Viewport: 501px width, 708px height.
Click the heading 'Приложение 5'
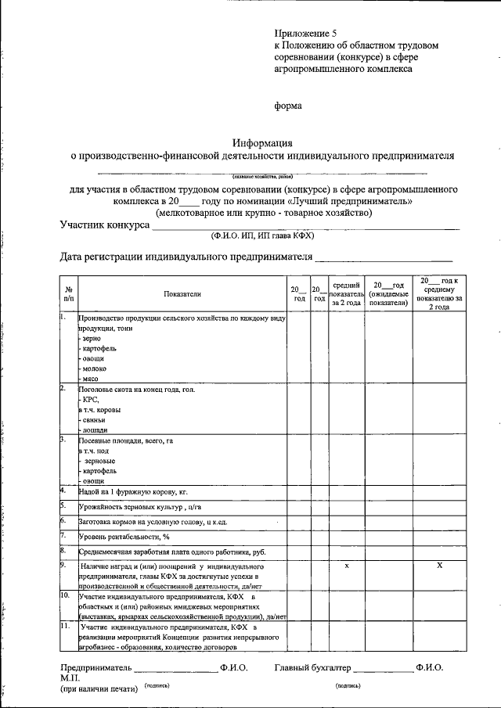(305, 34)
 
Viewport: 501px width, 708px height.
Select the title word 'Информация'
(262, 142)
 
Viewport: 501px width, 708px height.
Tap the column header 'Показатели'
(182, 294)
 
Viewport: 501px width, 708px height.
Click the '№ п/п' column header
(68, 294)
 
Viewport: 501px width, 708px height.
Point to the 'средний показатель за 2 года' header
(346, 294)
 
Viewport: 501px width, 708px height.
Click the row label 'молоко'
(94, 368)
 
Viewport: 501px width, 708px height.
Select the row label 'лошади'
(94, 429)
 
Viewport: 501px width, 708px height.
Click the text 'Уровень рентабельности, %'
(124, 537)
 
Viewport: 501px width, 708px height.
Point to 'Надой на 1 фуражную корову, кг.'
(134, 491)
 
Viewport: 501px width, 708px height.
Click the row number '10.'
(65, 595)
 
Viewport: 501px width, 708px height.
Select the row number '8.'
(63, 551)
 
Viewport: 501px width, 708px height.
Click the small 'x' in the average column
(346, 565)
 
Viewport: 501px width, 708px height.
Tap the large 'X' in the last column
(439, 565)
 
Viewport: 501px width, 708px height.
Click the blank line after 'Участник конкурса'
(305, 227)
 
